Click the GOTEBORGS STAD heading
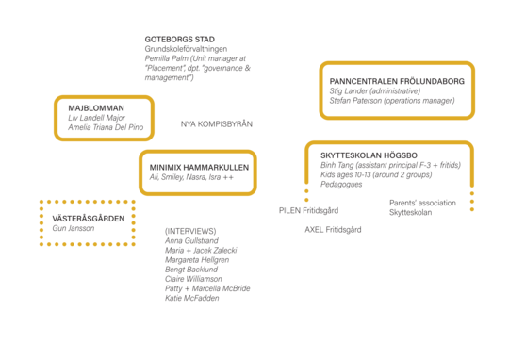(x=179, y=40)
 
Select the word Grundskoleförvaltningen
(x=186, y=49)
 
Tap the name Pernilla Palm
(x=167, y=58)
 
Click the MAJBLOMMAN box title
(x=96, y=108)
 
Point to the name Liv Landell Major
(x=96, y=118)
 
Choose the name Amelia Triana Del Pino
(x=106, y=127)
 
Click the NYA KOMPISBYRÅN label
(x=217, y=124)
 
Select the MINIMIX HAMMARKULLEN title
(x=199, y=168)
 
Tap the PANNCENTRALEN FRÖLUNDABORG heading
(x=397, y=81)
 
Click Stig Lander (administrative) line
(x=375, y=90)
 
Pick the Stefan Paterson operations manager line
(x=392, y=101)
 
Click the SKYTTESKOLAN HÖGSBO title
(x=369, y=155)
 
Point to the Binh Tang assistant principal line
(x=391, y=165)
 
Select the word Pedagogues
(x=341, y=185)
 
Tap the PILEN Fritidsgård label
(x=309, y=211)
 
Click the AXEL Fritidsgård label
(x=333, y=230)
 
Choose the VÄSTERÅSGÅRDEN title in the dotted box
(x=89, y=219)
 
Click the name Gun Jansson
(x=74, y=228)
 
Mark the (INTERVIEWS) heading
(x=190, y=231)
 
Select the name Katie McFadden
(x=192, y=298)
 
